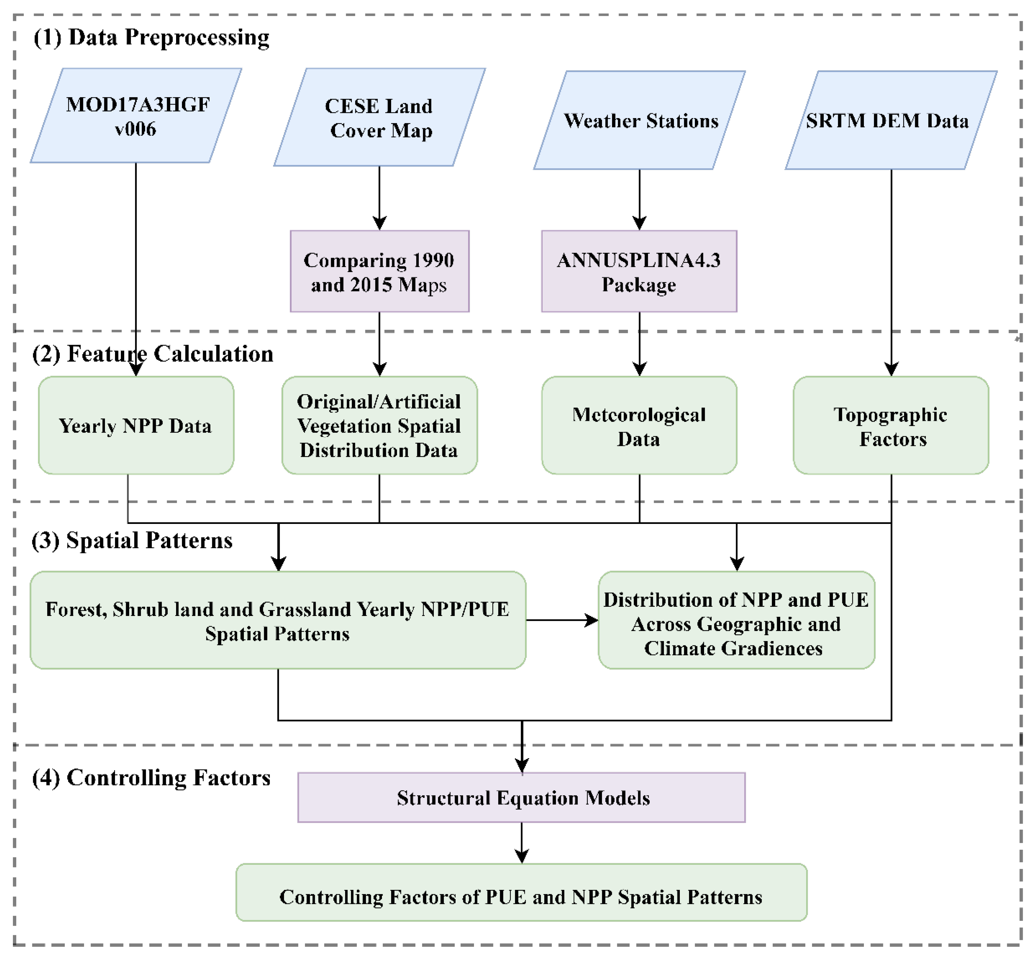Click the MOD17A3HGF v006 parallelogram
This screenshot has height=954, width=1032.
pyautogui.click(x=136, y=116)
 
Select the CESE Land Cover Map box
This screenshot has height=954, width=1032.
pyautogui.click(x=379, y=118)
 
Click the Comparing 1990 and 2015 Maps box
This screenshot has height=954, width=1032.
pyautogui.click(x=379, y=271)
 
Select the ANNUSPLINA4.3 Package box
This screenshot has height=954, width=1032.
pyautogui.click(x=639, y=271)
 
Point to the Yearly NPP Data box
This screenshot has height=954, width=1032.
pyautogui.click(x=136, y=425)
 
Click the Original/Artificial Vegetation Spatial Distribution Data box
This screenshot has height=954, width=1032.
pyautogui.click(x=379, y=425)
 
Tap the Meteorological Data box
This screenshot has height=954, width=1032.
pyautogui.click(x=639, y=425)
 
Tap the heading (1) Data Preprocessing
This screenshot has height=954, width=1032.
pyautogui.click(x=151, y=37)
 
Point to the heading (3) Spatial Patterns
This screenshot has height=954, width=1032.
pyautogui.click(x=132, y=540)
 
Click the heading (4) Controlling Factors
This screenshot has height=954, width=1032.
pyautogui.click(x=151, y=777)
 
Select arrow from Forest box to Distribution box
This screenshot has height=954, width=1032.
pyautogui.click(x=562, y=620)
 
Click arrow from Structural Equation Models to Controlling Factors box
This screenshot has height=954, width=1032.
pyautogui.click(x=522, y=842)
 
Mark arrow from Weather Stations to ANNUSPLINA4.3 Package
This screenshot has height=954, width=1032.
pyautogui.click(x=640, y=199)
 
